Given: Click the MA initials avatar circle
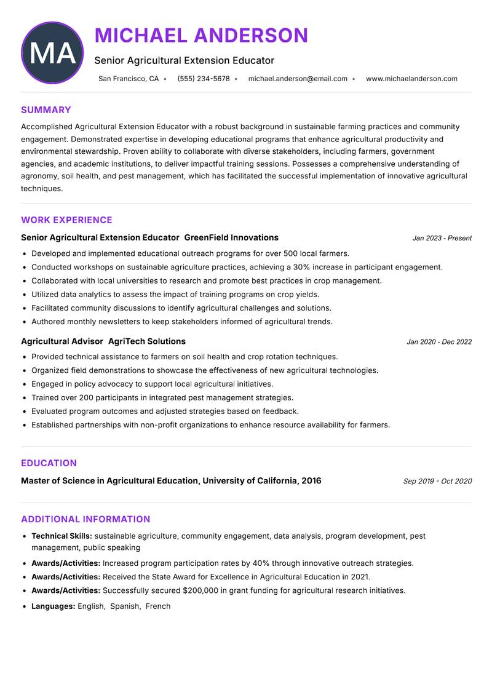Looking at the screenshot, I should point(52,53).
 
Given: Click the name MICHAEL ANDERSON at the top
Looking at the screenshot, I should point(201,35).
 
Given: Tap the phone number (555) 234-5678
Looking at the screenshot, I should point(203,79).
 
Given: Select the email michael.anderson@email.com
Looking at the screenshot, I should point(298,79).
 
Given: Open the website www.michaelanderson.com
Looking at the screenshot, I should point(411,79).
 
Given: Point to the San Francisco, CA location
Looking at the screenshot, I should point(129,79).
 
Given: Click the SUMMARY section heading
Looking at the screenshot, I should point(46,110).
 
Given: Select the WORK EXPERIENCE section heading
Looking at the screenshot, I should point(66,220).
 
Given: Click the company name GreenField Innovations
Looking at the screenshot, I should point(231,237).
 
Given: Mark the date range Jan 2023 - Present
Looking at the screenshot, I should point(442,238).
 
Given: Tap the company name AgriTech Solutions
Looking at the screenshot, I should point(147,341).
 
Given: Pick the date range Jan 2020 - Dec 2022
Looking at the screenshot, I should point(439,342).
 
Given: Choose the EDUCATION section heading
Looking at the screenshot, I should point(49,463).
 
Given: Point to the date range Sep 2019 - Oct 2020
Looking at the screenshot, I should point(437,482).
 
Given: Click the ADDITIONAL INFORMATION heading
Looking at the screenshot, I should point(85,519).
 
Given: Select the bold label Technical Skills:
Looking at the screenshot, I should point(61,536).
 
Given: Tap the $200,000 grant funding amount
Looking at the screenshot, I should point(200,590).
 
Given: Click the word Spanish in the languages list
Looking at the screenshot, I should point(125,606).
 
